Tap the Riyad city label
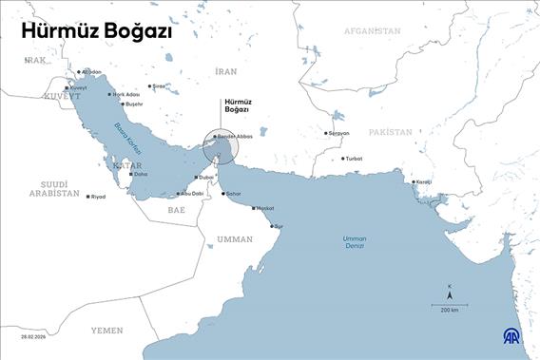pyautogui.click(x=97, y=197)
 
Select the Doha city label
pyautogui.click(x=140, y=175)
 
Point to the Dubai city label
pyautogui.click(x=205, y=178)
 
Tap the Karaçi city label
pyautogui.click(x=423, y=181)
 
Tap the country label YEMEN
pyautogui.click(x=106, y=330)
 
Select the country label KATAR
pyautogui.click(x=126, y=165)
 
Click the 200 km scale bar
pyautogui.click(x=449, y=303)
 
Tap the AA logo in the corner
pyautogui.click(x=511, y=337)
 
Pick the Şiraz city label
pyautogui.click(x=159, y=86)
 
